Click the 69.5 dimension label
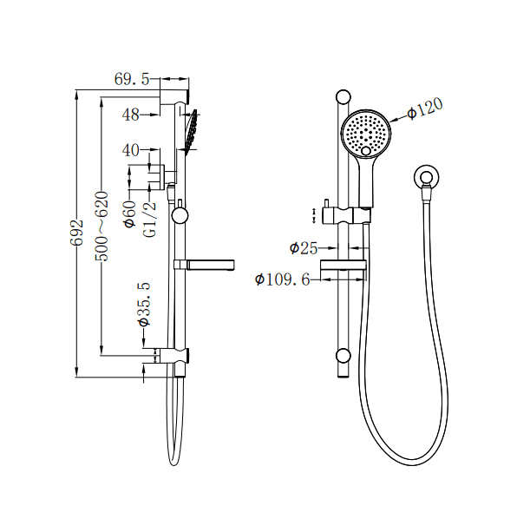pos(132,79)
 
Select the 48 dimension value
pos(131,114)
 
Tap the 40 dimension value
pos(131,150)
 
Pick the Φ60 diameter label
pos(130,213)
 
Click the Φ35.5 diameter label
pos(144,304)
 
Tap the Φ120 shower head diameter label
pos(425,108)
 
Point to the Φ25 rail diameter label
pos(304,248)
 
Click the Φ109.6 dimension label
pos(283,279)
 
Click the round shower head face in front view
pos(365,133)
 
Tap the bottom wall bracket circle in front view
pos(344,355)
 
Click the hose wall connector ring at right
pos(422,177)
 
